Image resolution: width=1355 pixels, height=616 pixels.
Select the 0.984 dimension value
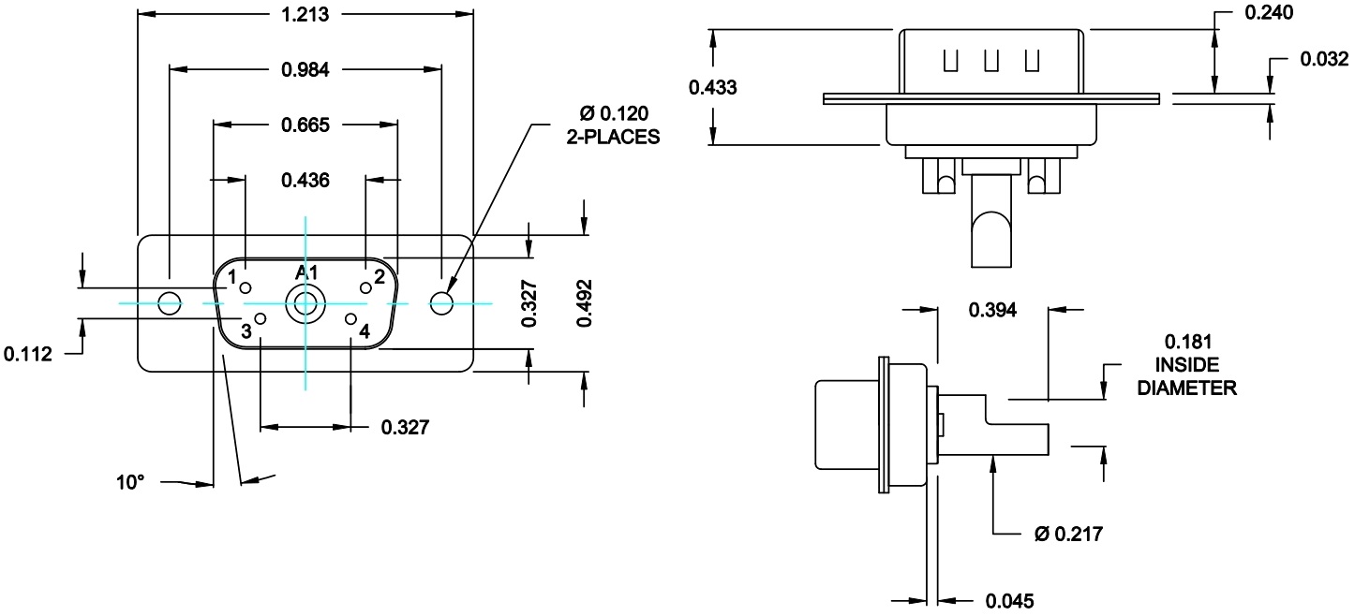[x=305, y=69]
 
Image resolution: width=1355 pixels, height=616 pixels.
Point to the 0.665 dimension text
[x=305, y=125]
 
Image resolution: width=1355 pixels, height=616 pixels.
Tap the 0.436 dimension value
[x=305, y=181]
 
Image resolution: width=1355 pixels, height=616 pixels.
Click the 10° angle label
[x=131, y=483]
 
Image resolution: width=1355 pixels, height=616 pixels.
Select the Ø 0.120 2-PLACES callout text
[x=613, y=125]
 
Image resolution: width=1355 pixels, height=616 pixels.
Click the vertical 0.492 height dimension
[x=584, y=302]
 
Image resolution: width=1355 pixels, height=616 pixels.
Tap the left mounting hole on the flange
[x=170, y=303]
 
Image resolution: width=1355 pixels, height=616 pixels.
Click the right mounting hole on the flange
[x=441, y=302]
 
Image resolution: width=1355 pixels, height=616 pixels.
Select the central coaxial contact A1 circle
[x=305, y=303]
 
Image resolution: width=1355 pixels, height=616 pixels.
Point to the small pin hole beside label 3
[x=261, y=320]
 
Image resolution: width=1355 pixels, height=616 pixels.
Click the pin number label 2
[x=379, y=277]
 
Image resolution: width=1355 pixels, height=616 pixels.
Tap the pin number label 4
[x=365, y=330]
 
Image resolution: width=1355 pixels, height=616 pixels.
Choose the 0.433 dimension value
[x=713, y=88]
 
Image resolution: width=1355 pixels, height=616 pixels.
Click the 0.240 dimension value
[x=1268, y=13]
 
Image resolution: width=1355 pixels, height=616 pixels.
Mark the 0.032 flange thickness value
[x=1324, y=60]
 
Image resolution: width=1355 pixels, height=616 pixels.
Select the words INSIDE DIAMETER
[x=1185, y=376]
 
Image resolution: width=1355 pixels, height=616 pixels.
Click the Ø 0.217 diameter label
[x=1067, y=535]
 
